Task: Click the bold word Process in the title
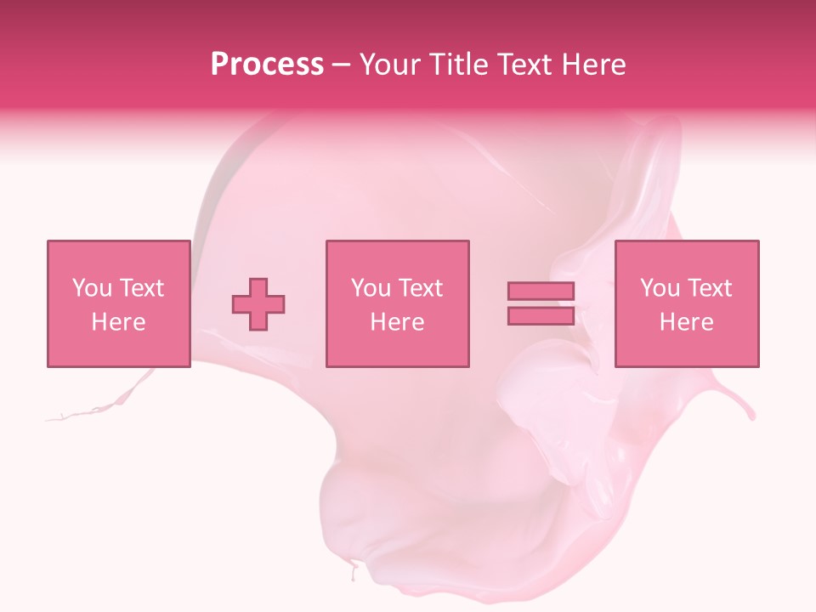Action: pos(267,65)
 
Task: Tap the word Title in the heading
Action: pos(459,65)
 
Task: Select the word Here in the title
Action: pos(591,65)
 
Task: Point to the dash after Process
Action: pos(342,65)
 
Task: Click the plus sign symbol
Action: pos(258,303)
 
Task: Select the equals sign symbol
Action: pos(541,303)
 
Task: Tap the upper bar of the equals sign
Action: pos(541,292)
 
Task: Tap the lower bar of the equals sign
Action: pos(541,315)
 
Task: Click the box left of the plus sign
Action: pos(118,303)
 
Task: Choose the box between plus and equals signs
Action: pos(397,303)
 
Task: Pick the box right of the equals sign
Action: pos(687,303)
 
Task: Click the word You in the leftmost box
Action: pos(90,288)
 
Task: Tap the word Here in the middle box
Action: pos(397,322)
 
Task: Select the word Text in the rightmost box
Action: pos(708,288)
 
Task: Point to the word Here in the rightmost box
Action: pos(687,322)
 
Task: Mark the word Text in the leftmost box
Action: pos(140,288)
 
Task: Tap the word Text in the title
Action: pos(525,65)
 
